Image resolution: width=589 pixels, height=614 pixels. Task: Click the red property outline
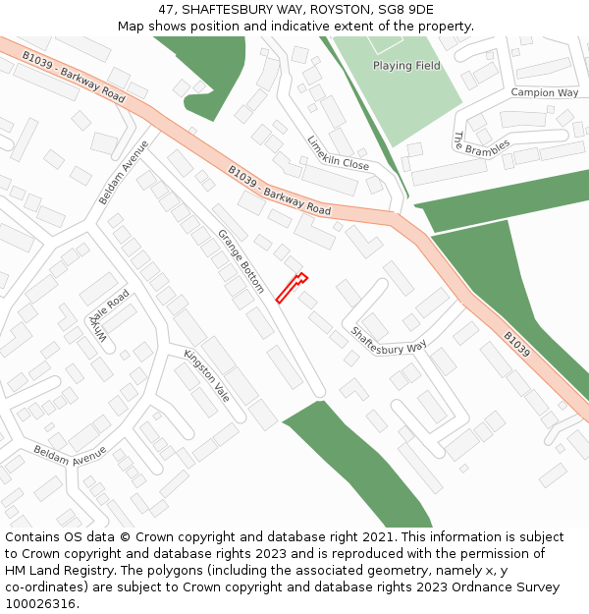pos(292,289)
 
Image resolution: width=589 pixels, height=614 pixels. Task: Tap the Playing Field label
pos(406,66)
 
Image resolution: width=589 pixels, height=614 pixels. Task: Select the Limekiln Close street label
pos(338,152)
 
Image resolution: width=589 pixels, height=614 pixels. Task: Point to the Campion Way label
pos(545,92)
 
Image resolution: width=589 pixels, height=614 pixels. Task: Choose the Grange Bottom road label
pos(241,261)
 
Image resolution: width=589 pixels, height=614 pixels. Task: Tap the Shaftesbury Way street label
pos(390,340)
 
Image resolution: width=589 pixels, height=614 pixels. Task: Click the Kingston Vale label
pos(206,374)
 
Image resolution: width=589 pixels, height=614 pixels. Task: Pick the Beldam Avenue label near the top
pos(123,172)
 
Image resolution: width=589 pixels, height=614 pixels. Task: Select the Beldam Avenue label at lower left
pos(70,455)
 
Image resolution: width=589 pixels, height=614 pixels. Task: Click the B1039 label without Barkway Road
pos(517,344)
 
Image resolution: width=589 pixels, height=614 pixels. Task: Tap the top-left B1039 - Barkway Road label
pos(74,78)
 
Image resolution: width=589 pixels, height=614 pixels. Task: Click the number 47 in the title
pos(164,9)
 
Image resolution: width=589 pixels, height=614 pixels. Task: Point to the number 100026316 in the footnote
pos(40,604)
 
